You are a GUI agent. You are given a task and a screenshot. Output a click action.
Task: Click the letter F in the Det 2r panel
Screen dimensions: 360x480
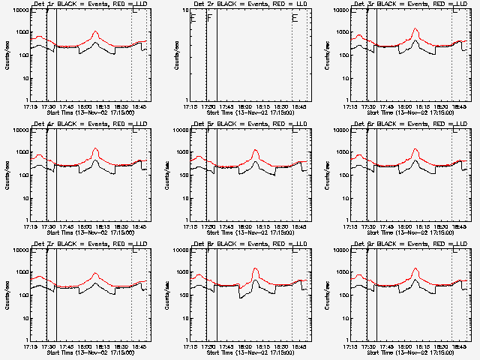210,17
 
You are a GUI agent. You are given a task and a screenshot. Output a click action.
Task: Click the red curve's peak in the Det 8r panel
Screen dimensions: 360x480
256,268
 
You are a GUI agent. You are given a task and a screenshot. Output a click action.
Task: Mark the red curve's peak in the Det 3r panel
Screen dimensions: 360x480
415,29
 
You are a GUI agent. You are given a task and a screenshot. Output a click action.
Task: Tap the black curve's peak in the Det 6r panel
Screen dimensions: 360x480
415,160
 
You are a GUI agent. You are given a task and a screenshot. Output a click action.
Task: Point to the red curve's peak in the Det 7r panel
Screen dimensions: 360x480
95,274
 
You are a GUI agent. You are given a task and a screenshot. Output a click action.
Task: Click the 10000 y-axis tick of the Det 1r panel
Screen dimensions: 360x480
17,10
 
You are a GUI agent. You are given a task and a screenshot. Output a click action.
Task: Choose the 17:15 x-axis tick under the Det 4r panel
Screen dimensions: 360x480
31,224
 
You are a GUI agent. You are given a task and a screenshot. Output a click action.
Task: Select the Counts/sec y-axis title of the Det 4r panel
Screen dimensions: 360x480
7,175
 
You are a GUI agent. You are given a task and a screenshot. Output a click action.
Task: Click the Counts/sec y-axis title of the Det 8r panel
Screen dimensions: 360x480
167,295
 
